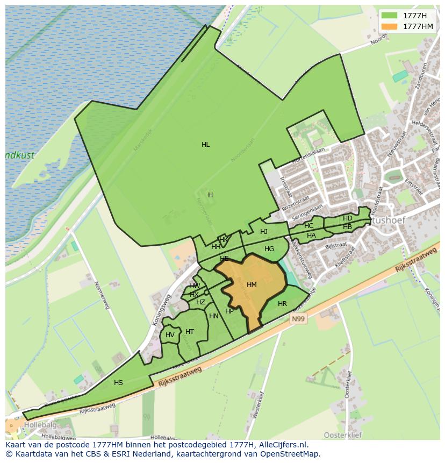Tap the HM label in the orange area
252,285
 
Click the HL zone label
205,145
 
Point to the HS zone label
118,383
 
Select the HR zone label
282,304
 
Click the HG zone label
269,249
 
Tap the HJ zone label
264,232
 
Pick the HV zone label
170,335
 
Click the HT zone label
190,332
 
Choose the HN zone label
214,316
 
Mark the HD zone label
348,218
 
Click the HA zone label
311,236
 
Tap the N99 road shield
299,319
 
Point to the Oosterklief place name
341,434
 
